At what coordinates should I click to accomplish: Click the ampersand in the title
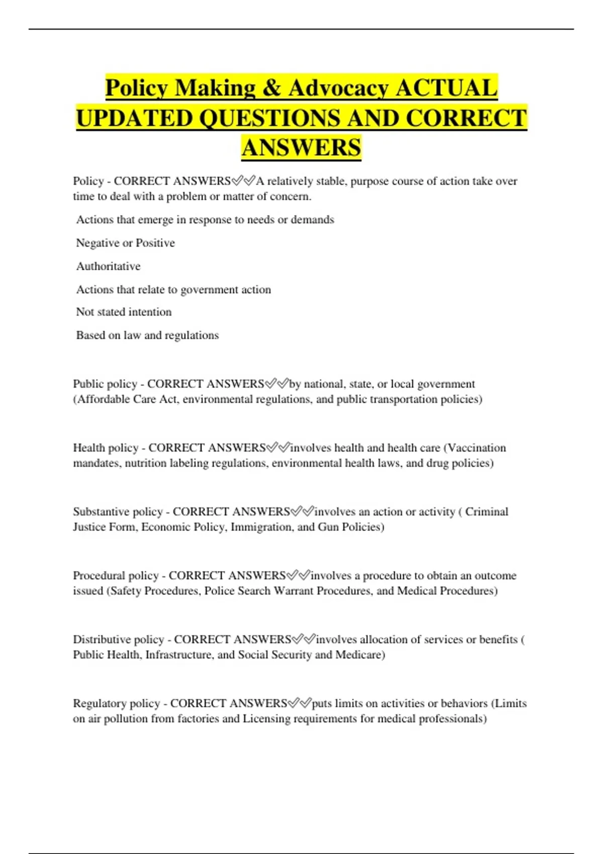(x=271, y=88)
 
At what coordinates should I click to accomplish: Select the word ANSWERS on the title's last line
(x=301, y=148)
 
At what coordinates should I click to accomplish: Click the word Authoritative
(x=108, y=266)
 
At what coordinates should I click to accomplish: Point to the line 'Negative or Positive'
(x=125, y=243)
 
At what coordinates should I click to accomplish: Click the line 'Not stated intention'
(x=124, y=312)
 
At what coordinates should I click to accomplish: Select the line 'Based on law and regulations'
(x=147, y=335)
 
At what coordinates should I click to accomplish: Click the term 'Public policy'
(x=105, y=384)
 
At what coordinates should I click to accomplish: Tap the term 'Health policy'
(x=106, y=448)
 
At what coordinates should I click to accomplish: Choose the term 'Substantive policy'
(x=118, y=512)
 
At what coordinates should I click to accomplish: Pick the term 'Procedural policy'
(x=116, y=576)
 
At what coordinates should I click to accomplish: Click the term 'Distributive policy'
(x=119, y=639)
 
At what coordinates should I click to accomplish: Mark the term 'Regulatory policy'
(x=117, y=703)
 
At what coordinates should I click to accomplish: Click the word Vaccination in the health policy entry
(x=476, y=448)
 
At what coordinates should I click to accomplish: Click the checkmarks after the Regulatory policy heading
(x=299, y=703)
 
